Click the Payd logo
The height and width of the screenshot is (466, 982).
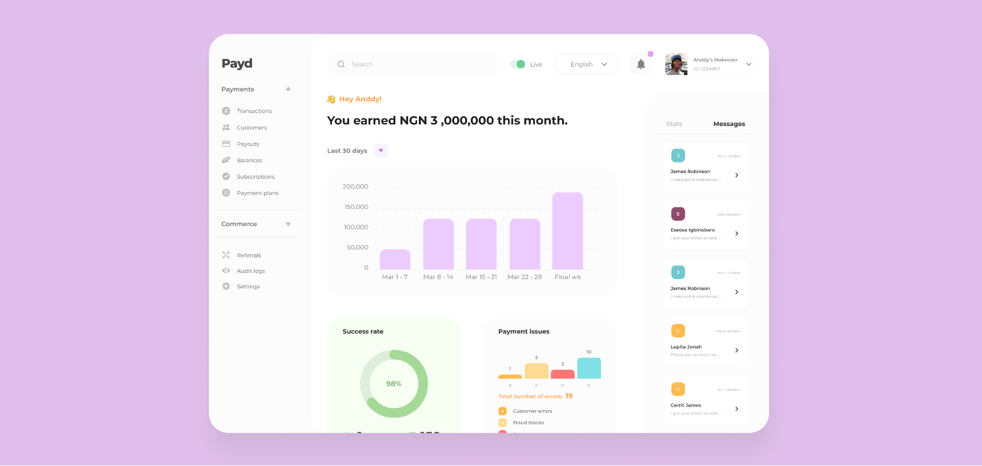click(237, 63)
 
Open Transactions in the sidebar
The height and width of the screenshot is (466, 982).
click(254, 111)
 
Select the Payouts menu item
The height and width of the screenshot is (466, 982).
click(248, 144)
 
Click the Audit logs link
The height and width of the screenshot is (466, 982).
click(251, 271)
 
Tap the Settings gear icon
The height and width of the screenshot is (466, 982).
click(226, 286)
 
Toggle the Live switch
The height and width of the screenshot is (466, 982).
click(518, 64)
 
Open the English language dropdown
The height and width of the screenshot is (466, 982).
click(586, 65)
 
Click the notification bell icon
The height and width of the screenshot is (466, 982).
click(641, 65)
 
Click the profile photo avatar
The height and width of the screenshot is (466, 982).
click(676, 65)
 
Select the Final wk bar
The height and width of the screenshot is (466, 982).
click(567, 230)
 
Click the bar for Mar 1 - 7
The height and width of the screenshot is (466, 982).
click(395, 259)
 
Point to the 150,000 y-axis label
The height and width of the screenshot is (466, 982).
click(356, 207)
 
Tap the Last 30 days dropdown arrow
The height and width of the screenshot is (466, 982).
click(381, 151)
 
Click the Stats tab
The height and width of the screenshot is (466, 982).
click(674, 124)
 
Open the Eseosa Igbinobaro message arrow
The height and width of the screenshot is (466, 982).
click(736, 234)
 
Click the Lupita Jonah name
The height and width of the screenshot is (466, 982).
click(686, 347)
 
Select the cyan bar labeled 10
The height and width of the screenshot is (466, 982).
click(589, 368)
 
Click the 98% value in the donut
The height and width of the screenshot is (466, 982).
click(393, 384)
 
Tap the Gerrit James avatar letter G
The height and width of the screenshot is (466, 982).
click(678, 389)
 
